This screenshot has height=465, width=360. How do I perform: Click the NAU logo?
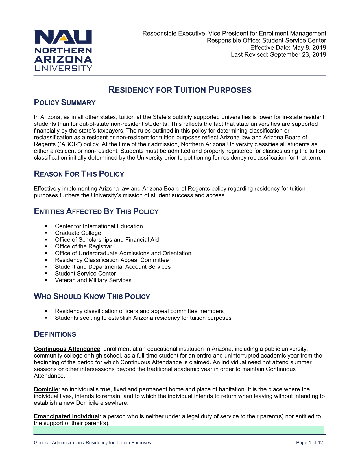click(x=63, y=50)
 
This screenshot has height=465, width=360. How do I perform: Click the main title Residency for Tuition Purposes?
click(x=180, y=90)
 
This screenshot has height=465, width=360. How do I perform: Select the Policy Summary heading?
click(x=65, y=103)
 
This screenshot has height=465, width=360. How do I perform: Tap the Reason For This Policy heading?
click(x=79, y=174)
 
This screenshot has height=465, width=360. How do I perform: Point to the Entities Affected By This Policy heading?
click(x=96, y=212)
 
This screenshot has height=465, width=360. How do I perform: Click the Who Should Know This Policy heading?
click(x=92, y=297)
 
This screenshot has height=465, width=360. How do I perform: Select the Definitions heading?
click(x=55, y=334)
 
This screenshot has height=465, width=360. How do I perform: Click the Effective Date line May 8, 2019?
click(x=288, y=47)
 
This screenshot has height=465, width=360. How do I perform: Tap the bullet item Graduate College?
click(x=78, y=233)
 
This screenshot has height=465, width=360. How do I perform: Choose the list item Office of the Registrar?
click(x=84, y=246)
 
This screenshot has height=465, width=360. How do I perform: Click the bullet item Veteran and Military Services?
click(x=93, y=280)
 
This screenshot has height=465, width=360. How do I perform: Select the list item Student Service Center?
click(x=85, y=274)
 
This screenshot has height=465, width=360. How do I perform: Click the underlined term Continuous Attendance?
click(x=67, y=349)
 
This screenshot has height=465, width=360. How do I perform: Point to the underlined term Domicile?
click(x=46, y=389)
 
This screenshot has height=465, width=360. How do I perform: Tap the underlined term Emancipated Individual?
click(x=67, y=416)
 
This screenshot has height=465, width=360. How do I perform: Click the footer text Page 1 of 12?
click(x=309, y=443)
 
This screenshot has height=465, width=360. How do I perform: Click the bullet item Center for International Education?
click(x=99, y=226)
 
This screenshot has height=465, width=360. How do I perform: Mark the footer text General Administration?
click(x=58, y=443)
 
